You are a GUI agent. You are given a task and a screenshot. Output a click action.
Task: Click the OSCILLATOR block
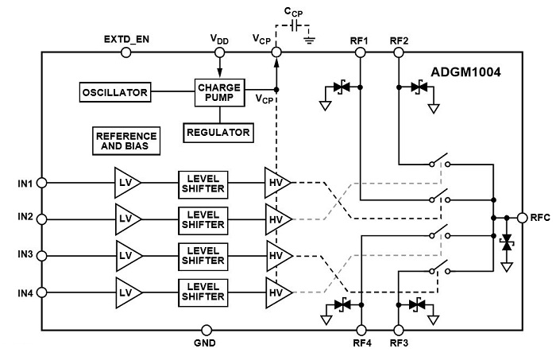click(x=115, y=93)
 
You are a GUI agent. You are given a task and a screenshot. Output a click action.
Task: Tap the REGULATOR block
click(x=218, y=131)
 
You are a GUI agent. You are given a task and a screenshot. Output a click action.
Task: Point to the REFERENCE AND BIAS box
click(x=126, y=141)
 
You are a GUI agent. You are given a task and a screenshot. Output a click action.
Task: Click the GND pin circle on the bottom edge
click(x=207, y=329)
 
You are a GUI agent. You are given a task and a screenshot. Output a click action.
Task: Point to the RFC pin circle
click(x=522, y=217)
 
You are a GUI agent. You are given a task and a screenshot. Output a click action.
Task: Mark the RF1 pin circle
click(x=360, y=52)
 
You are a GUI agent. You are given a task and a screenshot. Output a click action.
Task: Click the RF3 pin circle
click(x=398, y=329)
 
